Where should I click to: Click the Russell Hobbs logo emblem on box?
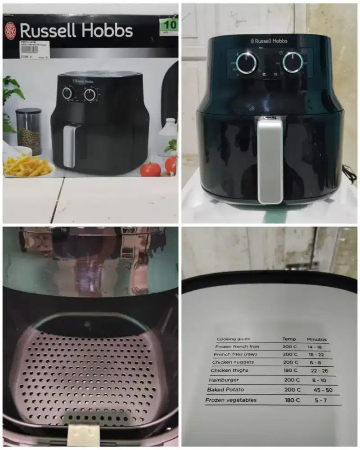10,30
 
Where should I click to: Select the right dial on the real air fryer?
293,62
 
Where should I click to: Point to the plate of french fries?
28,166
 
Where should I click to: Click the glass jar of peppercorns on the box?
29,131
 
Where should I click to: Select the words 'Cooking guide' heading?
234,339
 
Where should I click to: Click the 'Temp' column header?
289,339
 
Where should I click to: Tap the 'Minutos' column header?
317,339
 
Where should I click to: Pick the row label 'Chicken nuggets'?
233,362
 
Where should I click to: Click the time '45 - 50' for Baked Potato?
323,390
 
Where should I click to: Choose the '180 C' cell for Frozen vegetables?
292,400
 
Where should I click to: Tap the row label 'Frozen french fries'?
238,347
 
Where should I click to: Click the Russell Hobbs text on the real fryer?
269,41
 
